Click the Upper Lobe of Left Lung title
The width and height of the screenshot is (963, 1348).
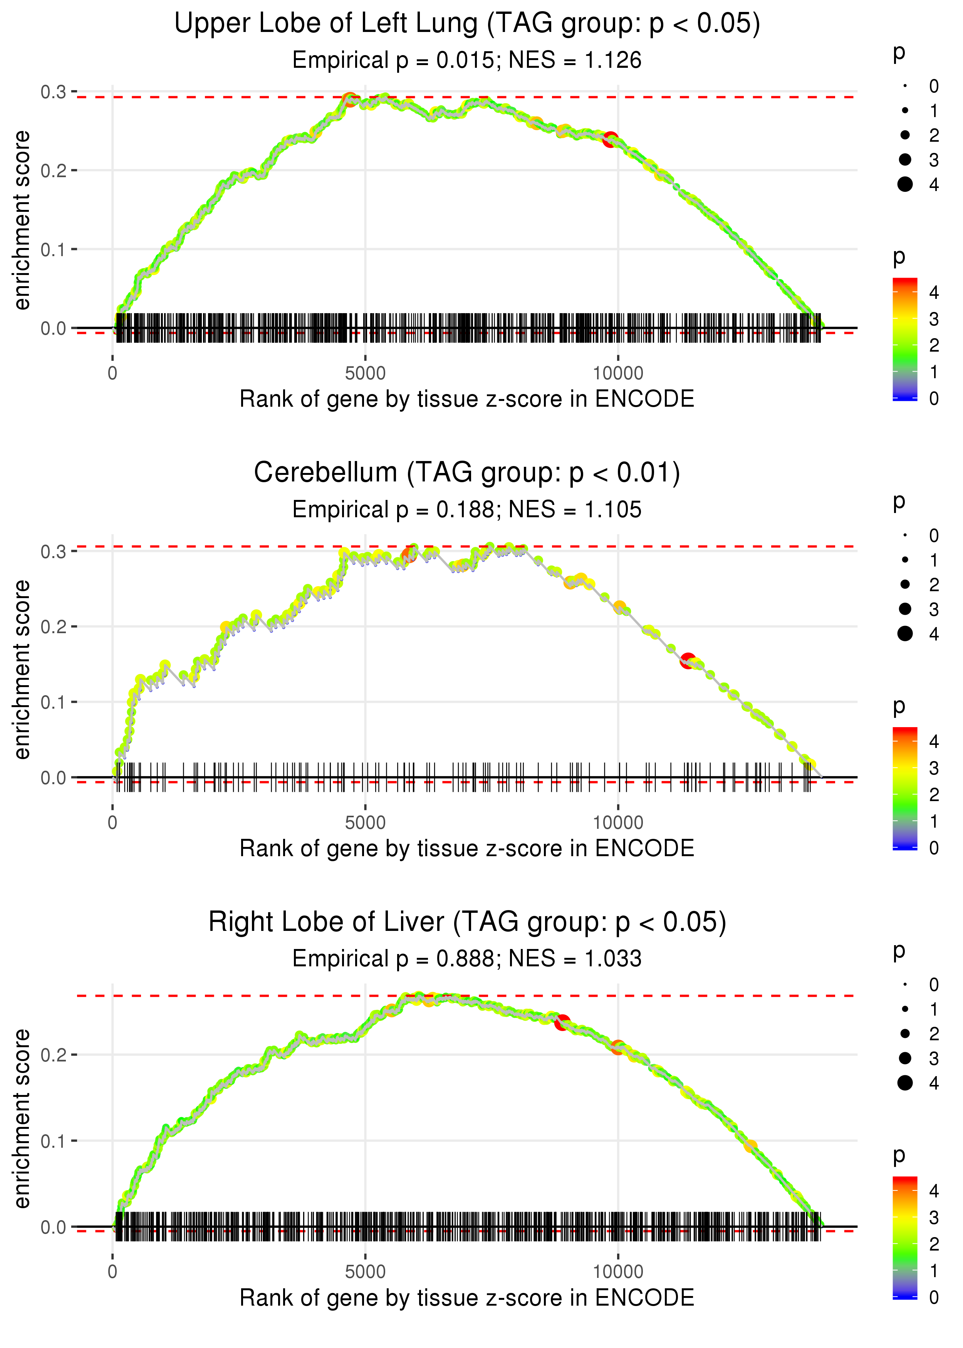pos(467,24)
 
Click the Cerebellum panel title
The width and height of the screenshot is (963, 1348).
pos(467,473)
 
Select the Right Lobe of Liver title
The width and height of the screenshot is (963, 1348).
pos(467,922)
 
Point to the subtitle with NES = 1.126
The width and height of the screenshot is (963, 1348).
pos(467,60)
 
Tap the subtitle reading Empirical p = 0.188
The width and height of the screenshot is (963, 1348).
pos(467,510)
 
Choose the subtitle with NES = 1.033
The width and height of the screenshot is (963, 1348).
pos(467,959)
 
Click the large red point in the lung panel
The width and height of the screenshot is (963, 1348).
pos(610,140)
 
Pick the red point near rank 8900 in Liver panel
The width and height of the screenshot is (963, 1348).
pos(562,1023)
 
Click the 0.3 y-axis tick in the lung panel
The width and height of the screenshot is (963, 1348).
pos(54,92)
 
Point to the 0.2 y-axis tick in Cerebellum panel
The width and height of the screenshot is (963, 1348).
pos(54,627)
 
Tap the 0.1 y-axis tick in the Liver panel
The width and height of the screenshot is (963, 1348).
pos(54,1141)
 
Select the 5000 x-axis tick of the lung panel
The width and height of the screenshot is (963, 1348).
pos(365,374)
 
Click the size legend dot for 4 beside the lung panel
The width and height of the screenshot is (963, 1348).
pos(905,184)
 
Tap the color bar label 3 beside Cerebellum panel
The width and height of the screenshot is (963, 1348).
pos(933,768)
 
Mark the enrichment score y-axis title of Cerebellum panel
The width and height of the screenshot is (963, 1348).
pos(22,670)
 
